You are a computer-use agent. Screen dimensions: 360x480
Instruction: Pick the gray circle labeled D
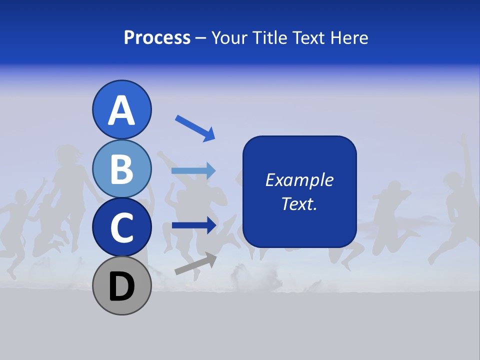point(121,285)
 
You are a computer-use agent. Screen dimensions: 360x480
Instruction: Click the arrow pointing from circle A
point(194,127)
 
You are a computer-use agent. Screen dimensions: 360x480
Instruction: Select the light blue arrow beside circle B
point(193,170)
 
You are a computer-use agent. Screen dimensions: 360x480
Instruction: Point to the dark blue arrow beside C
point(193,225)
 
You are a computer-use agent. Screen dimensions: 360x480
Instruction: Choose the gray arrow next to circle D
point(195,264)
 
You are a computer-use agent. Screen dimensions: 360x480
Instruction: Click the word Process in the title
point(157,37)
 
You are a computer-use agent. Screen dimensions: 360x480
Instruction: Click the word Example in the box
point(299,180)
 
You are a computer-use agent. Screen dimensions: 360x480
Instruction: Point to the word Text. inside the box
point(299,203)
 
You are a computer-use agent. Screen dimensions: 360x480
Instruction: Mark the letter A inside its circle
point(121,111)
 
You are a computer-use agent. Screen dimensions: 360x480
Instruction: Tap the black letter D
point(121,287)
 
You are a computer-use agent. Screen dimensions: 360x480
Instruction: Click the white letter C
point(121,228)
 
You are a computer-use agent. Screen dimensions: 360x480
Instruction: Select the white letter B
point(121,169)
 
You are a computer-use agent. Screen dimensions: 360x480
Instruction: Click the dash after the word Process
point(200,38)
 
